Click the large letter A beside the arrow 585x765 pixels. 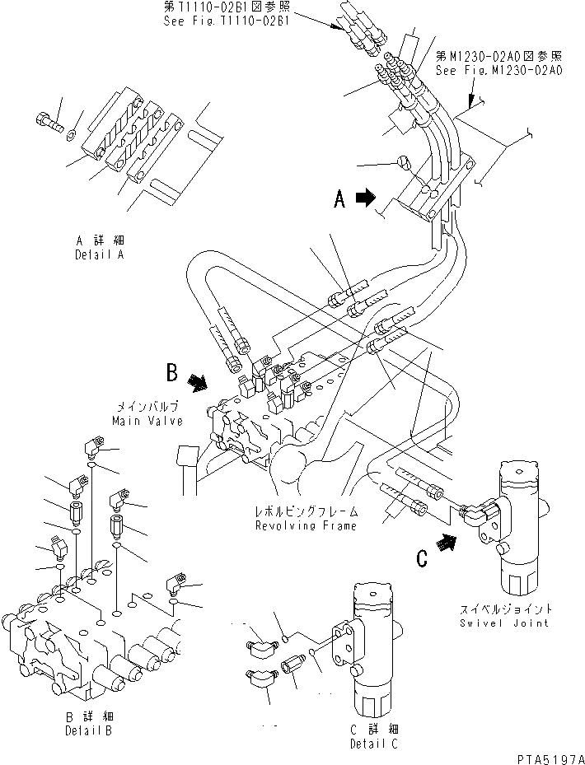click(339, 198)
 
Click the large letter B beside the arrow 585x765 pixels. click(171, 373)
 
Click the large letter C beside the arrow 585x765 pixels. click(422, 558)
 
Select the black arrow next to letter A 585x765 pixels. click(364, 198)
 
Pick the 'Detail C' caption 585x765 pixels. click(371, 743)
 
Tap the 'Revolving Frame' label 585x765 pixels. click(306, 525)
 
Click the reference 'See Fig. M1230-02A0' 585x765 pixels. click(499, 70)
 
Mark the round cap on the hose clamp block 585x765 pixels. click(405, 163)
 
